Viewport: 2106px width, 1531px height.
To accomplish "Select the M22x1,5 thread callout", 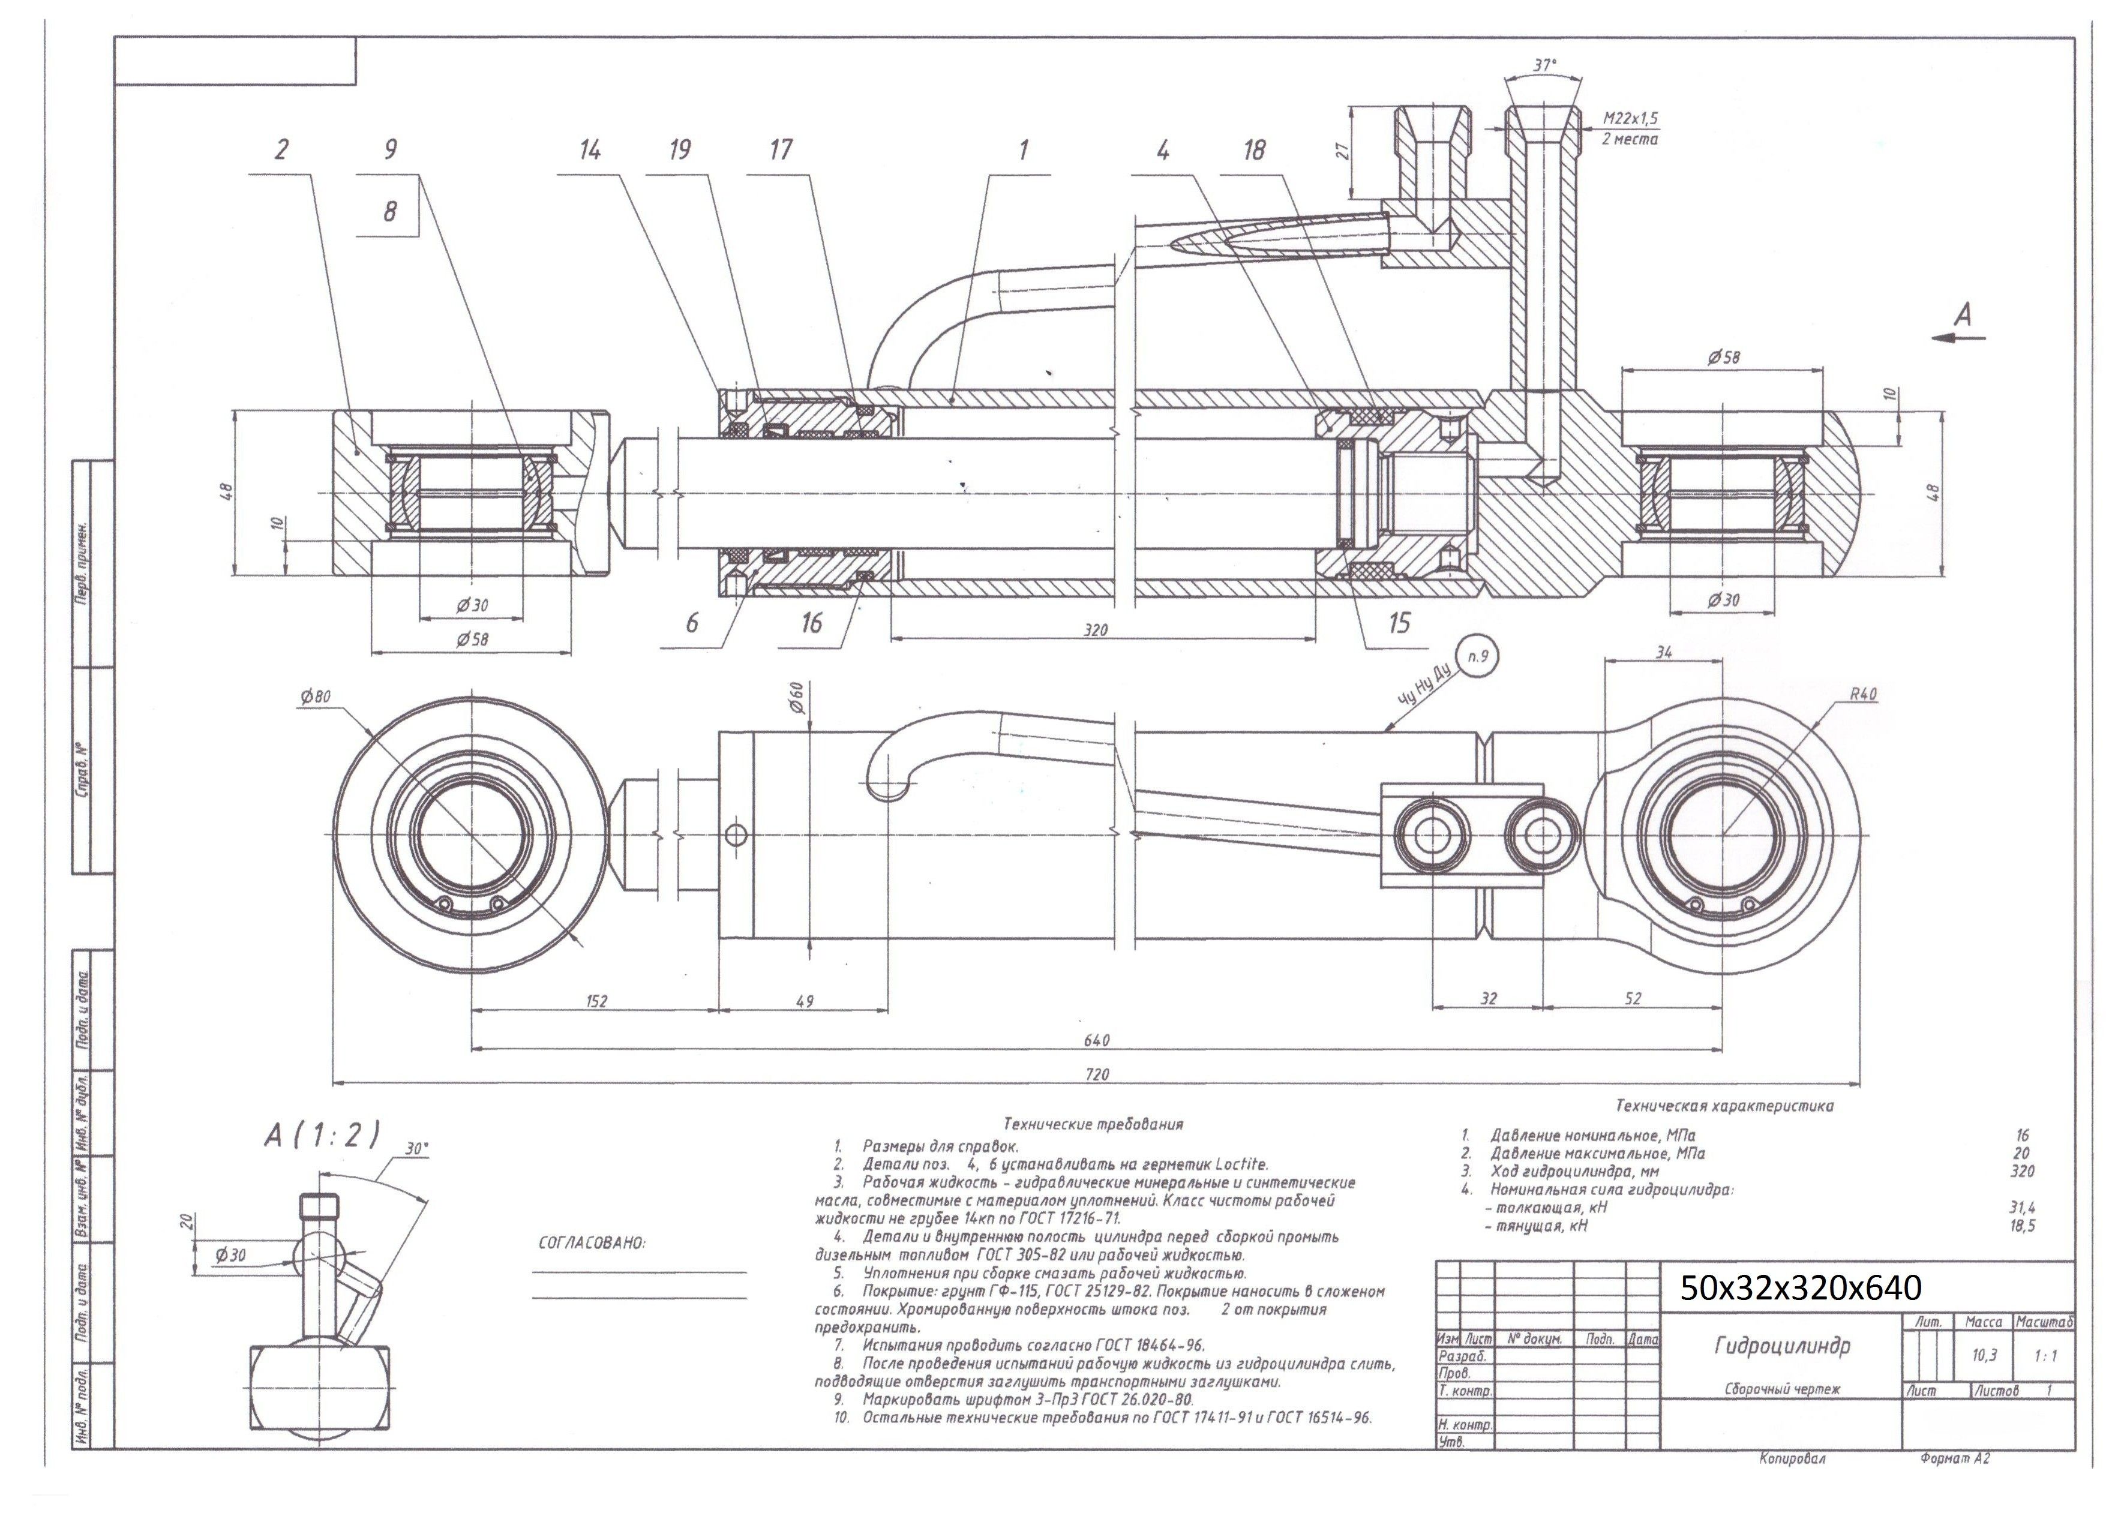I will pyautogui.click(x=1630, y=119).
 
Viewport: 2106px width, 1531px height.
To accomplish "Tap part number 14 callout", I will pyautogui.click(x=590, y=151).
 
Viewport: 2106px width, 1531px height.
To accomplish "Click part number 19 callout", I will pyautogui.click(x=680, y=151).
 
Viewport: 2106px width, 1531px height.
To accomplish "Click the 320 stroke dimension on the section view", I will pyautogui.click(x=1096, y=631).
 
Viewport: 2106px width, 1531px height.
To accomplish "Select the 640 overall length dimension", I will pyautogui.click(x=1097, y=1041).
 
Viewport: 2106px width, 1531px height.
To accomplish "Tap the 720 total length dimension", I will pyautogui.click(x=1097, y=1075).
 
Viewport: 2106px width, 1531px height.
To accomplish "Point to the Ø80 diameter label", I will pyautogui.click(x=315, y=697).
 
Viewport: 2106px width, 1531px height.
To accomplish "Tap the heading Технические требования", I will pyautogui.click(x=1093, y=1124).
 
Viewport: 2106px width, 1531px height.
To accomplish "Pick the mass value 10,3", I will pyautogui.click(x=1984, y=1356).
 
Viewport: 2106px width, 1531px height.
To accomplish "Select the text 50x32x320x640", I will pyautogui.click(x=1801, y=1288).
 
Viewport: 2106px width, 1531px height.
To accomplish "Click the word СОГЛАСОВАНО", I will pyautogui.click(x=592, y=1242).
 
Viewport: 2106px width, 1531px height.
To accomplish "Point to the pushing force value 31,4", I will pyautogui.click(x=2021, y=1208).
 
